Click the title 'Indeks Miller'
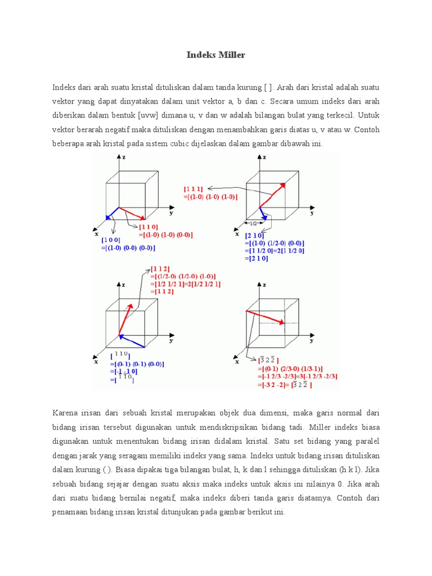tap(216, 55)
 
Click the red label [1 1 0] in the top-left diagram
tap(148, 226)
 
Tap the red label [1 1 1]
tap(193, 189)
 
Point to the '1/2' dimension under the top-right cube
tap(254, 223)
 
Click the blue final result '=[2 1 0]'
tap(257, 258)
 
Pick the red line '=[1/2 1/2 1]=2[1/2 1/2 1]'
tap(186, 284)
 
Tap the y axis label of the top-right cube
tap(311, 214)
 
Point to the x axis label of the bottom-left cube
tap(96, 362)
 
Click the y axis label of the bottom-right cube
tap(311, 341)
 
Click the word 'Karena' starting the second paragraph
tap(66, 413)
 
